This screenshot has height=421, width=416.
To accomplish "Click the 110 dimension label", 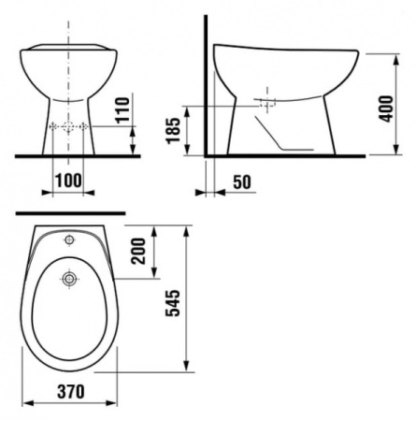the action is (122, 110).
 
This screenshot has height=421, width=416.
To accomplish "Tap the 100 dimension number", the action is (68, 181).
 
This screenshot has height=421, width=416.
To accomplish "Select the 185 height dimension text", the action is (173, 130).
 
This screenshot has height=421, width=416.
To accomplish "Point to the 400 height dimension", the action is (386, 109).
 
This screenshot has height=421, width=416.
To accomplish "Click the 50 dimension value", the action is (242, 182).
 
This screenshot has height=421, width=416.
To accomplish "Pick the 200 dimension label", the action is (138, 252).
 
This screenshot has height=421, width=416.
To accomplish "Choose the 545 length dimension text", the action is (173, 303).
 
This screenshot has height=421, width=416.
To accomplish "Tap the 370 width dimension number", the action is (71, 391).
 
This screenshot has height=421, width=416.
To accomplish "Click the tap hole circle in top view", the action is (69, 240).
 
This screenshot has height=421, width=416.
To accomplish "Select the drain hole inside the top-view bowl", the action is (68, 279).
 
